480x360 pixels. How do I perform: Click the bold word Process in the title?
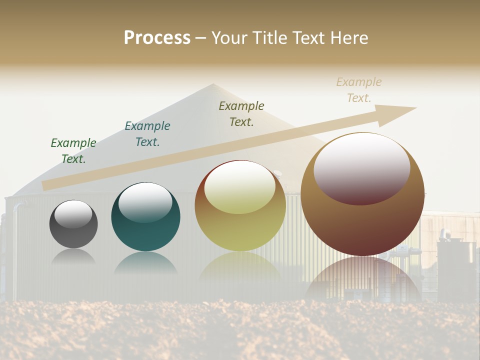point(157,37)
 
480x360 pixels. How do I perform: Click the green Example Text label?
point(73,151)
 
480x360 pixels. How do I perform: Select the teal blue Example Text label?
point(147,134)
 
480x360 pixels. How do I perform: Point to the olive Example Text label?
point(241,113)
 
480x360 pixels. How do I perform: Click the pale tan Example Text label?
point(359,90)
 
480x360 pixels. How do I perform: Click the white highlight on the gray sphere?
point(73,214)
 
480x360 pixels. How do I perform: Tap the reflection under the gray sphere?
point(73,256)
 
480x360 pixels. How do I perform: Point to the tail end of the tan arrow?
point(46,185)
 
